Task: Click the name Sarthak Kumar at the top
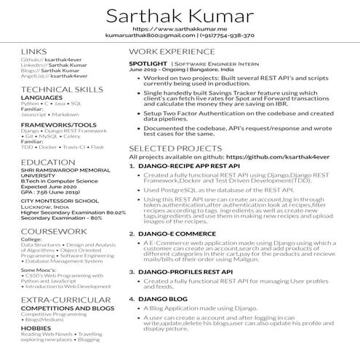tap(180, 16)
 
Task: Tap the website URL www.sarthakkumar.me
tap(180, 28)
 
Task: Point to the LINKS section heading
tap(34, 52)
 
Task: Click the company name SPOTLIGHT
tap(147, 63)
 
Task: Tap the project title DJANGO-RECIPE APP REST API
tap(185, 166)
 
